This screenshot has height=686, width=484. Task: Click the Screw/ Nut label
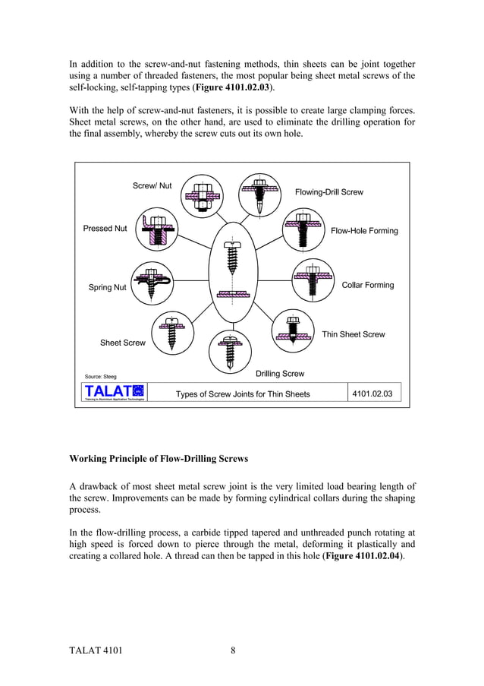(x=152, y=185)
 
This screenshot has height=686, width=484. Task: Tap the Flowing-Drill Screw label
(x=328, y=192)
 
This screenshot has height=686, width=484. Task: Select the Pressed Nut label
(x=105, y=228)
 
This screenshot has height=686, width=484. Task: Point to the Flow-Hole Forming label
(x=364, y=230)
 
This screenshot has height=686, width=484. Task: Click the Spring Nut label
(x=108, y=288)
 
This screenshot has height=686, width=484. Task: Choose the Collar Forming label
(x=368, y=285)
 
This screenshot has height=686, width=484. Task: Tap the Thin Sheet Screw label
(x=354, y=334)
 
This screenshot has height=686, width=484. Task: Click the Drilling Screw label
(x=280, y=373)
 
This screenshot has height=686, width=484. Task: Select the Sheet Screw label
(x=123, y=343)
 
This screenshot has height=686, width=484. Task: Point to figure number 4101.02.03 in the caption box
(x=373, y=393)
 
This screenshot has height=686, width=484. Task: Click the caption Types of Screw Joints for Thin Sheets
(x=243, y=394)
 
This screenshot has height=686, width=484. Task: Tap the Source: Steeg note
(x=100, y=376)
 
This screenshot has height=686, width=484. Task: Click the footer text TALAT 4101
(x=96, y=650)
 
